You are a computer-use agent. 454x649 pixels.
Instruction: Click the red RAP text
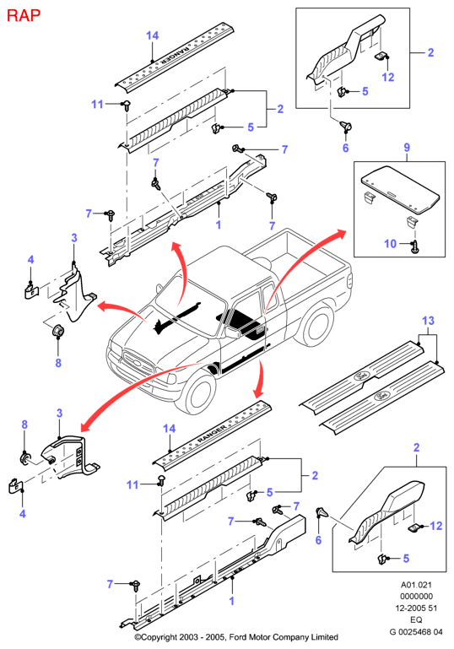pos(24,15)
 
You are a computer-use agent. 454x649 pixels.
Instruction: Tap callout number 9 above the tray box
pos(407,147)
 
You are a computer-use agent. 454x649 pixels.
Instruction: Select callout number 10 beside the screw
pos(390,243)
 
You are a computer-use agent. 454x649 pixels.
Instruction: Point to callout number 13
pos(429,321)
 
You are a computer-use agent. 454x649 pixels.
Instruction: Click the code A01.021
pos(416,585)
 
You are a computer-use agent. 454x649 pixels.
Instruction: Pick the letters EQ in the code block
pos(416,619)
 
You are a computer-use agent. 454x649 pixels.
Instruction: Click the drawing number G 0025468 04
pos(416,631)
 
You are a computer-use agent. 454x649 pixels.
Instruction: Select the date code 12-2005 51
pos(416,608)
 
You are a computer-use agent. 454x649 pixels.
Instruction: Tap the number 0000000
pos(416,597)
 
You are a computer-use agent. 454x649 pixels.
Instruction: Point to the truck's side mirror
pos(232,332)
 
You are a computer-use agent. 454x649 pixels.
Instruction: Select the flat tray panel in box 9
pos(400,187)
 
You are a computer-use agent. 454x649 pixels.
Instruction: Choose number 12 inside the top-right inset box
pos(388,78)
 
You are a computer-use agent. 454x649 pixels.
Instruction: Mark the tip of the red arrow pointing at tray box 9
pos(346,231)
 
